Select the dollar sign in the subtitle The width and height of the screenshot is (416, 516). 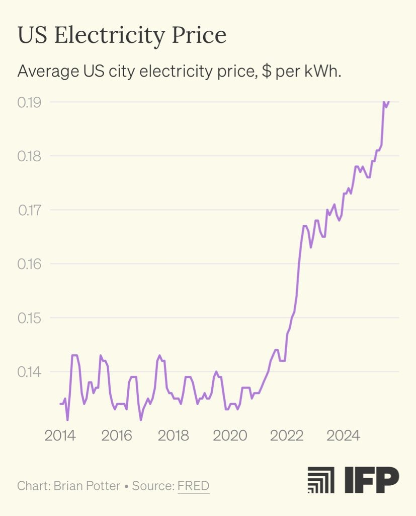point(268,72)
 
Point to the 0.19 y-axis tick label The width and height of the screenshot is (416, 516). point(29,102)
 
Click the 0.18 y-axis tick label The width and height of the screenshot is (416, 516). point(29,156)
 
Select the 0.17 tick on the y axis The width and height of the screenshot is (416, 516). point(29,210)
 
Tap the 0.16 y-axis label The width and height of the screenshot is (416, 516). point(29,264)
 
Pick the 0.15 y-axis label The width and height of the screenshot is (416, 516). point(29,318)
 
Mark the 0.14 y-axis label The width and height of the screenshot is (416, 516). point(29,372)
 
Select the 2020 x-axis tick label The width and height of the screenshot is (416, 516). point(230,435)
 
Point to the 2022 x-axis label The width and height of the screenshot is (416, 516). point(287,435)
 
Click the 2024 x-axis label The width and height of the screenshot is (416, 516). point(343,435)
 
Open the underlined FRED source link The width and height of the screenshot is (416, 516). point(193,486)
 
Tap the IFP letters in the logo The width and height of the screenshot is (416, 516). point(372,480)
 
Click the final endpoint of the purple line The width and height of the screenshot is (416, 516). point(389,102)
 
